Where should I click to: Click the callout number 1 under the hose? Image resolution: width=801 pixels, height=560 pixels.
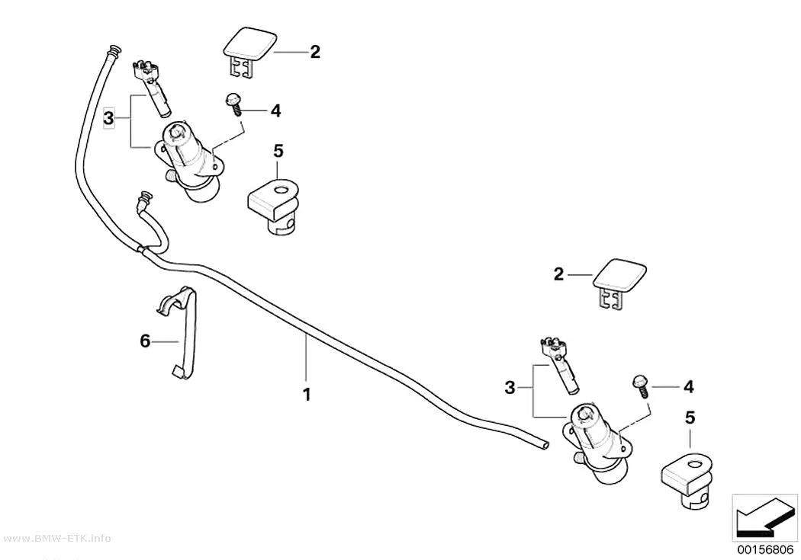pyautogui.click(x=307, y=394)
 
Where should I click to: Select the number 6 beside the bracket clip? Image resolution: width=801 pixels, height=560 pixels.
pyautogui.click(x=145, y=341)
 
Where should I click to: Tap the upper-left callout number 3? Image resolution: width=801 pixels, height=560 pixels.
pyautogui.click(x=108, y=119)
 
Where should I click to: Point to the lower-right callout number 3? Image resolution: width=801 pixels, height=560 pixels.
pyautogui.click(x=510, y=388)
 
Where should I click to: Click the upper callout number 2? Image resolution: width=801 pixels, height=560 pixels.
pyautogui.click(x=315, y=52)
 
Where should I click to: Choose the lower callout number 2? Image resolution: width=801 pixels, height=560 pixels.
pyautogui.click(x=559, y=274)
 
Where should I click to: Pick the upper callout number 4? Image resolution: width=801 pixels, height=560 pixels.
pyautogui.click(x=276, y=110)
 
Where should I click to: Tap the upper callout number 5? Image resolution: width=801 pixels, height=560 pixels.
pyautogui.click(x=278, y=151)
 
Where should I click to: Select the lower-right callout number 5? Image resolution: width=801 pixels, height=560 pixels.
pyautogui.click(x=690, y=418)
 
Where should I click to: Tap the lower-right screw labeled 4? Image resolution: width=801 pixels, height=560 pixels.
pyautogui.click(x=641, y=386)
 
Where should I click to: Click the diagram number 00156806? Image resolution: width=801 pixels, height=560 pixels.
pyautogui.click(x=764, y=550)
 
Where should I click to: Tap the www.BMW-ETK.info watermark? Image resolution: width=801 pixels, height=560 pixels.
pyautogui.click(x=56, y=539)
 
